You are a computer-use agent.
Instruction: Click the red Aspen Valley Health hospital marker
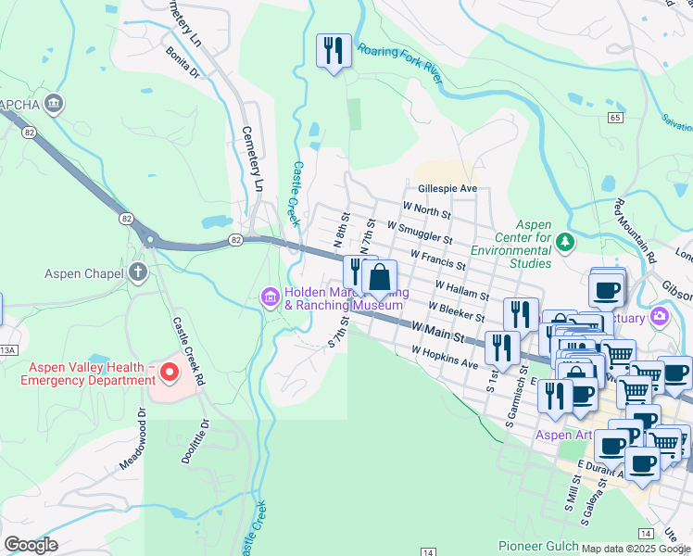click(169, 373)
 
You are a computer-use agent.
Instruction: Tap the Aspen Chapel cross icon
click(138, 272)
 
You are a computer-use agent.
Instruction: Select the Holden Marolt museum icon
click(270, 297)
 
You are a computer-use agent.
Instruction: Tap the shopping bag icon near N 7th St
click(380, 277)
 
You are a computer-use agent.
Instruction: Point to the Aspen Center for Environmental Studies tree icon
click(565, 242)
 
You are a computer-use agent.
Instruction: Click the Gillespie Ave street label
click(447, 188)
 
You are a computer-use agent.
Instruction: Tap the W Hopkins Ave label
click(445, 358)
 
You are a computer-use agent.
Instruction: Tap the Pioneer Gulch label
click(537, 546)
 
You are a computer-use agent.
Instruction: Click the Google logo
click(31, 545)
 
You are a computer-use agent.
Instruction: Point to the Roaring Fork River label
click(400, 62)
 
